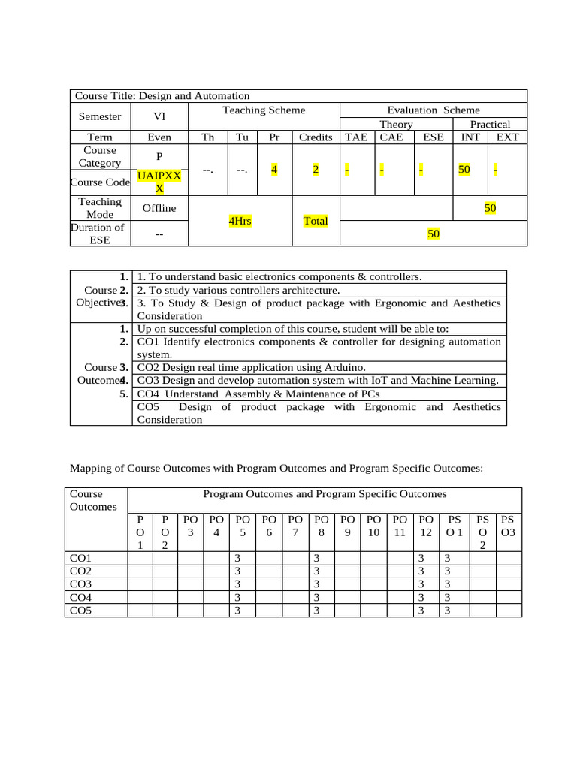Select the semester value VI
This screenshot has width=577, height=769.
[x=159, y=116]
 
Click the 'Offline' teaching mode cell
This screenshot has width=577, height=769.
[x=159, y=208]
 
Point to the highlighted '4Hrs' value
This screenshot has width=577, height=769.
[x=240, y=222]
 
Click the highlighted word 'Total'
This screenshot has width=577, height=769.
[x=316, y=222]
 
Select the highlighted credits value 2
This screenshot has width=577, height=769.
[x=316, y=170]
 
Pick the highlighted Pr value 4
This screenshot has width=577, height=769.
[x=274, y=170]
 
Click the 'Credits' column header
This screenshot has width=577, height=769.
[x=316, y=137]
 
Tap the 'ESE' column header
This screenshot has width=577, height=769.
[x=433, y=137]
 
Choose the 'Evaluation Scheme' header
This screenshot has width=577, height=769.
[x=433, y=110]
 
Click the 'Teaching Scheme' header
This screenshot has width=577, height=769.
[x=264, y=110]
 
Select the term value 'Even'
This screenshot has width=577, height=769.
[x=159, y=137]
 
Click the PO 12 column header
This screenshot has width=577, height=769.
[x=426, y=526]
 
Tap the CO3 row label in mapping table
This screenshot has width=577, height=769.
[x=80, y=584]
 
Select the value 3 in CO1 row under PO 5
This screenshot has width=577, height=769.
[x=237, y=559]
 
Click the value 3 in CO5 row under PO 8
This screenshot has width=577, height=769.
[x=316, y=611]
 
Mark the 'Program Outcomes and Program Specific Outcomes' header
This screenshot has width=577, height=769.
[x=325, y=494]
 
